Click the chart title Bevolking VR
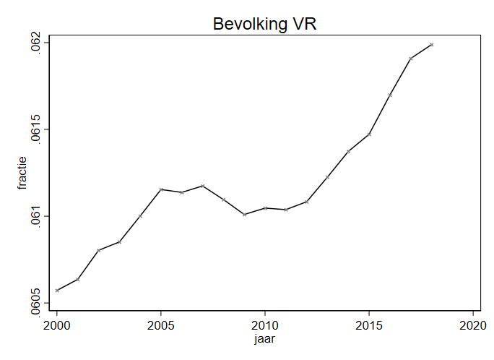coord(265,24)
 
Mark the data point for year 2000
coord(57,291)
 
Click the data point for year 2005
coord(161,189)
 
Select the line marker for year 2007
coord(203,186)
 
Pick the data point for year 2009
coord(245,215)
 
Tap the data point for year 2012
coord(307,202)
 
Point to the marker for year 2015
coord(369,134)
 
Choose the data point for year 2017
coord(410,59)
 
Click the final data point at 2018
coord(431,45)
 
